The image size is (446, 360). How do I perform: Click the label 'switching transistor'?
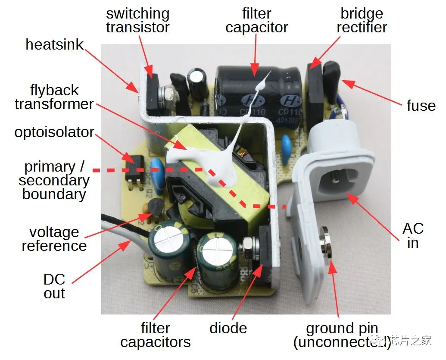137,20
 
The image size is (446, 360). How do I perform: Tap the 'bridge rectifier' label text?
362,20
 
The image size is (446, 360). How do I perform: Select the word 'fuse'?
421,106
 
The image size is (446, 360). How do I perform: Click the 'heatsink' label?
54,44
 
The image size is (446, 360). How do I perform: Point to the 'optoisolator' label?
54,132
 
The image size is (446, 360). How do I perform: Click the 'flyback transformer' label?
54,97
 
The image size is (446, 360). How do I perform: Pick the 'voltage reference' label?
54,239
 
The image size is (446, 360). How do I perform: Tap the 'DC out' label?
54,286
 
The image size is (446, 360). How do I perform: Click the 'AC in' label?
413,235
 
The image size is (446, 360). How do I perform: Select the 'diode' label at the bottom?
228,328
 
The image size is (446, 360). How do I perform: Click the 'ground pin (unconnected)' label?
342,335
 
